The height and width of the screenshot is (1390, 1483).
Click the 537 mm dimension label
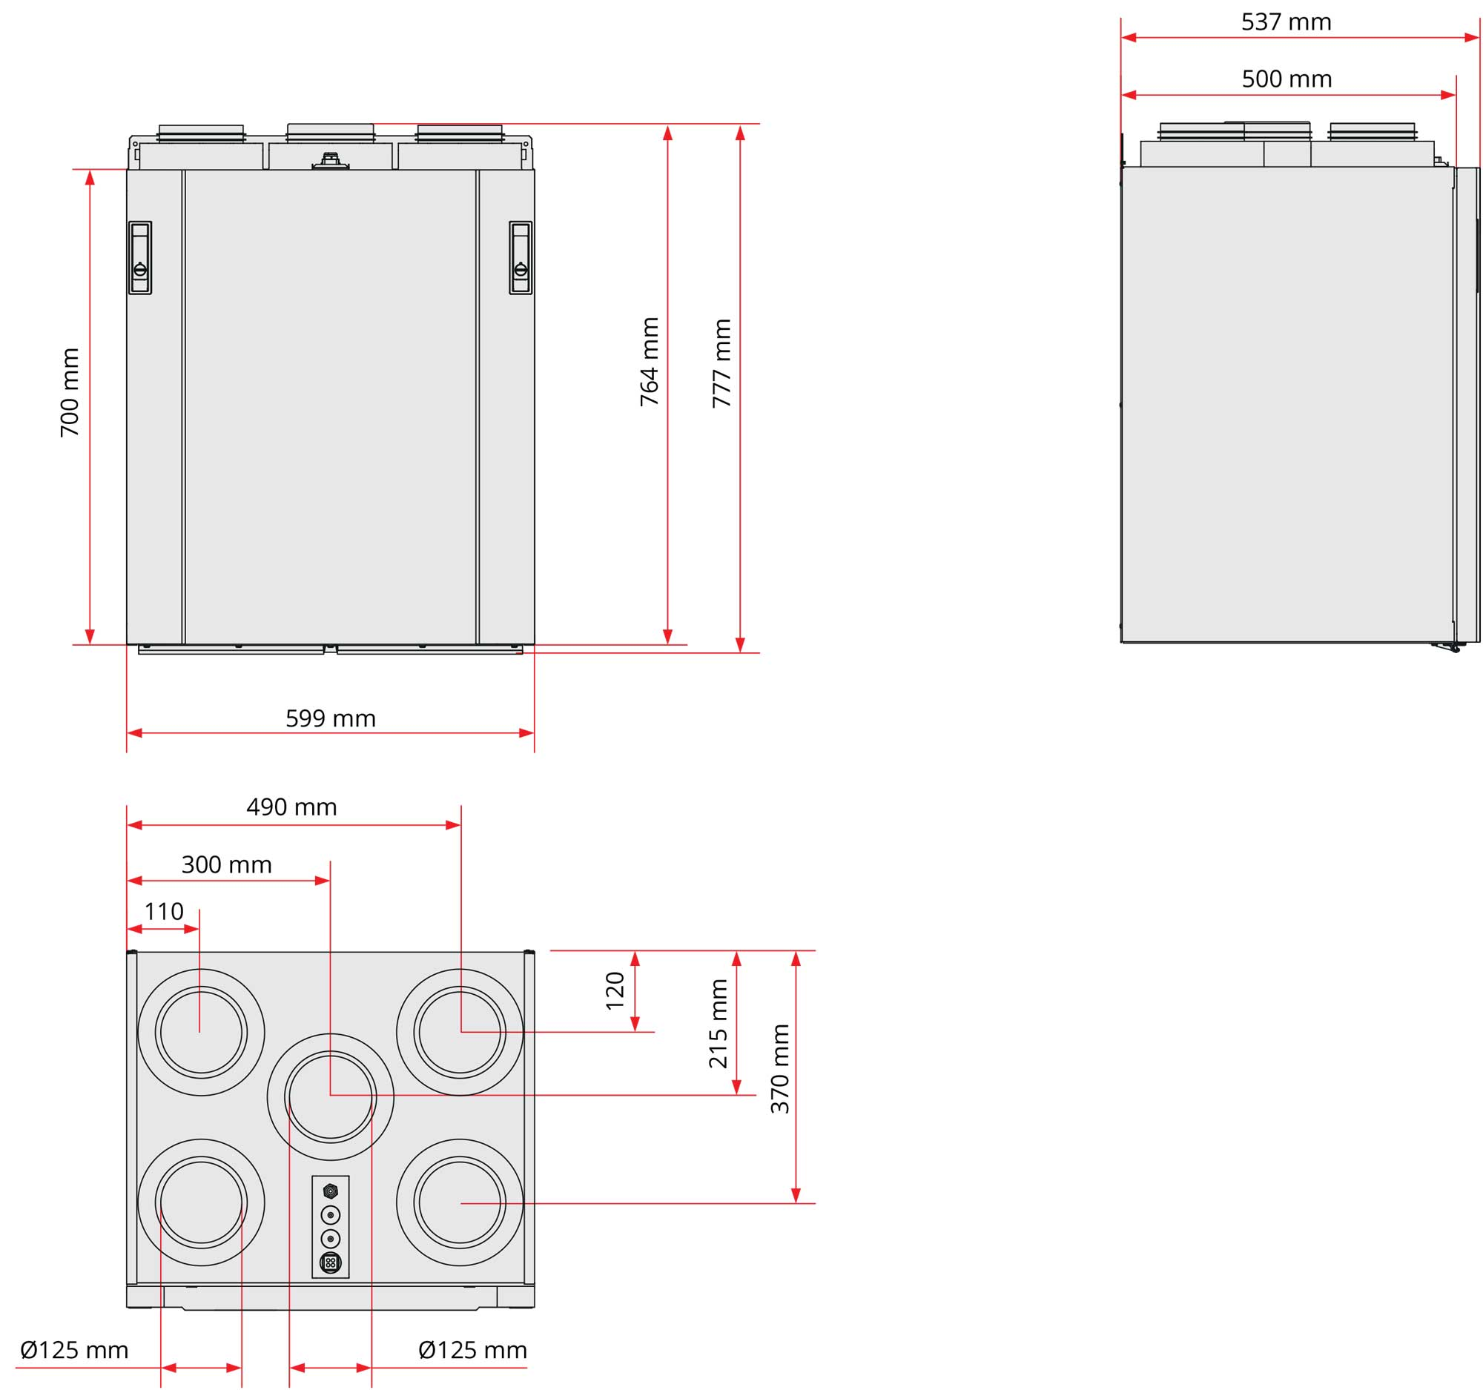click(x=1286, y=22)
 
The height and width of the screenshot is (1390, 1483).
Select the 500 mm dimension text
click(x=1287, y=79)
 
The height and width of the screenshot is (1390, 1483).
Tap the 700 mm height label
click(x=70, y=392)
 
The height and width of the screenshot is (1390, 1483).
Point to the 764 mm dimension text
click(x=649, y=363)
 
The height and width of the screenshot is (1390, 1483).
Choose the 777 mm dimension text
click(x=721, y=363)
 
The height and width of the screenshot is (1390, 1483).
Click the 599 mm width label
click(x=331, y=718)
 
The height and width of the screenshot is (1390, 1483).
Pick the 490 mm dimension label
click(x=291, y=807)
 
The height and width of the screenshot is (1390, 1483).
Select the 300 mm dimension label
click(x=227, y=864)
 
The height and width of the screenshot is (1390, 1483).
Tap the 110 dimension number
click(x=163, y=911)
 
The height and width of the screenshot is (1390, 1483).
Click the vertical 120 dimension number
click(x=615, y=991)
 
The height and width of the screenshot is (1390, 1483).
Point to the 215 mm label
click(x=718, y=1024)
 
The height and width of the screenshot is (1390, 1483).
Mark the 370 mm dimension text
click(x=779, y=1068)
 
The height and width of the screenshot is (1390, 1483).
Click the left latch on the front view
click(x=140, y=257)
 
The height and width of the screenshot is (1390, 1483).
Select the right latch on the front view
click(x=521, y=257)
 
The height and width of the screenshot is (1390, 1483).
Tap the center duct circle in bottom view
click(x=331, y=1097)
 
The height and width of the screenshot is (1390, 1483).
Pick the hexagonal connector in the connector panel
click(x=331, y=1191)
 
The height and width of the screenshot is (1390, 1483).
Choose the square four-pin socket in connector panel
click(x=331, y=1262)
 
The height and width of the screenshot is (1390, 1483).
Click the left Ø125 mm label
click(x=75, y=1350)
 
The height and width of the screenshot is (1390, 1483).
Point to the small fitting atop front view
click(x=331, y=160)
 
